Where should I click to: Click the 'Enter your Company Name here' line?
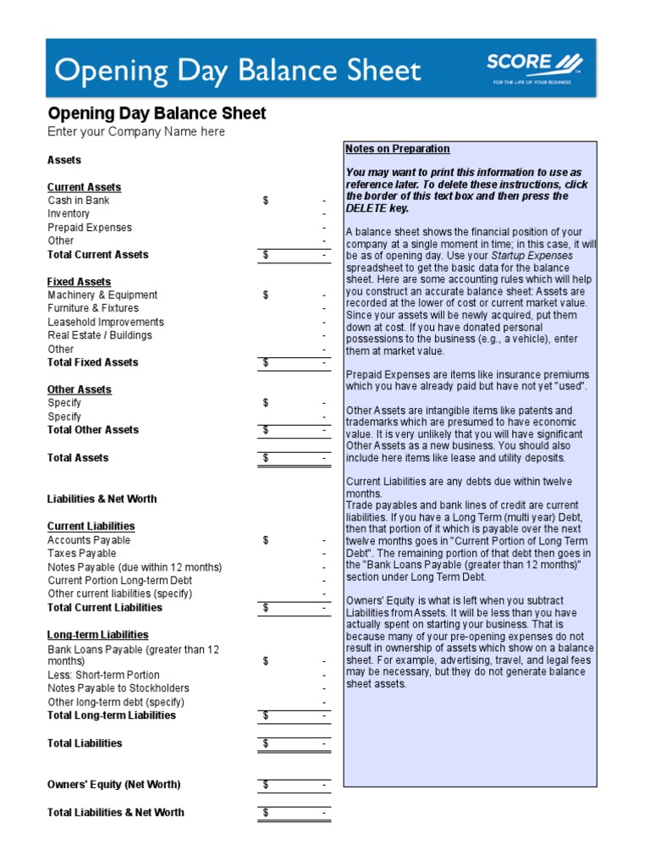(x=136, y=132)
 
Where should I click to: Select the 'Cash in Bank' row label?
(x=79, y=201)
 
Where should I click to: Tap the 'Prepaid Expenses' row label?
(x=90, y=228)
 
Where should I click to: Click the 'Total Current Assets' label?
(x=98, y=255)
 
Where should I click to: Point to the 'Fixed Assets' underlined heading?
(x=79, y=282)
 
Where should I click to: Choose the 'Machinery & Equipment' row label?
(x=102, y=295)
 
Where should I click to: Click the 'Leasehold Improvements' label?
(x=106, y=323)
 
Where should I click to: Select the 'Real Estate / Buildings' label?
(x=100, y=335)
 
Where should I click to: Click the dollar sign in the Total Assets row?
(x=266, y=458)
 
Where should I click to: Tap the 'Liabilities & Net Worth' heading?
(x=102, y=500)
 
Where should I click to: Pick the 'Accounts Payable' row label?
(x=89, y=540)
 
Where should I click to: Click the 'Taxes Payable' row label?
(x=82, y=554)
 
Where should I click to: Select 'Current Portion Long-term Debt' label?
(x=119, y=581)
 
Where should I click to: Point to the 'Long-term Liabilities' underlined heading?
(x=98, y=635)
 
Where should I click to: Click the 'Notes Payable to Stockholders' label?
(x=118, y=688)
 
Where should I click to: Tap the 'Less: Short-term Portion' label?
(x=104, y=675)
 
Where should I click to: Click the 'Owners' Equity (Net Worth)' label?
(x=114, y=785)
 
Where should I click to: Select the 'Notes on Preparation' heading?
(x=398, y=149)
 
